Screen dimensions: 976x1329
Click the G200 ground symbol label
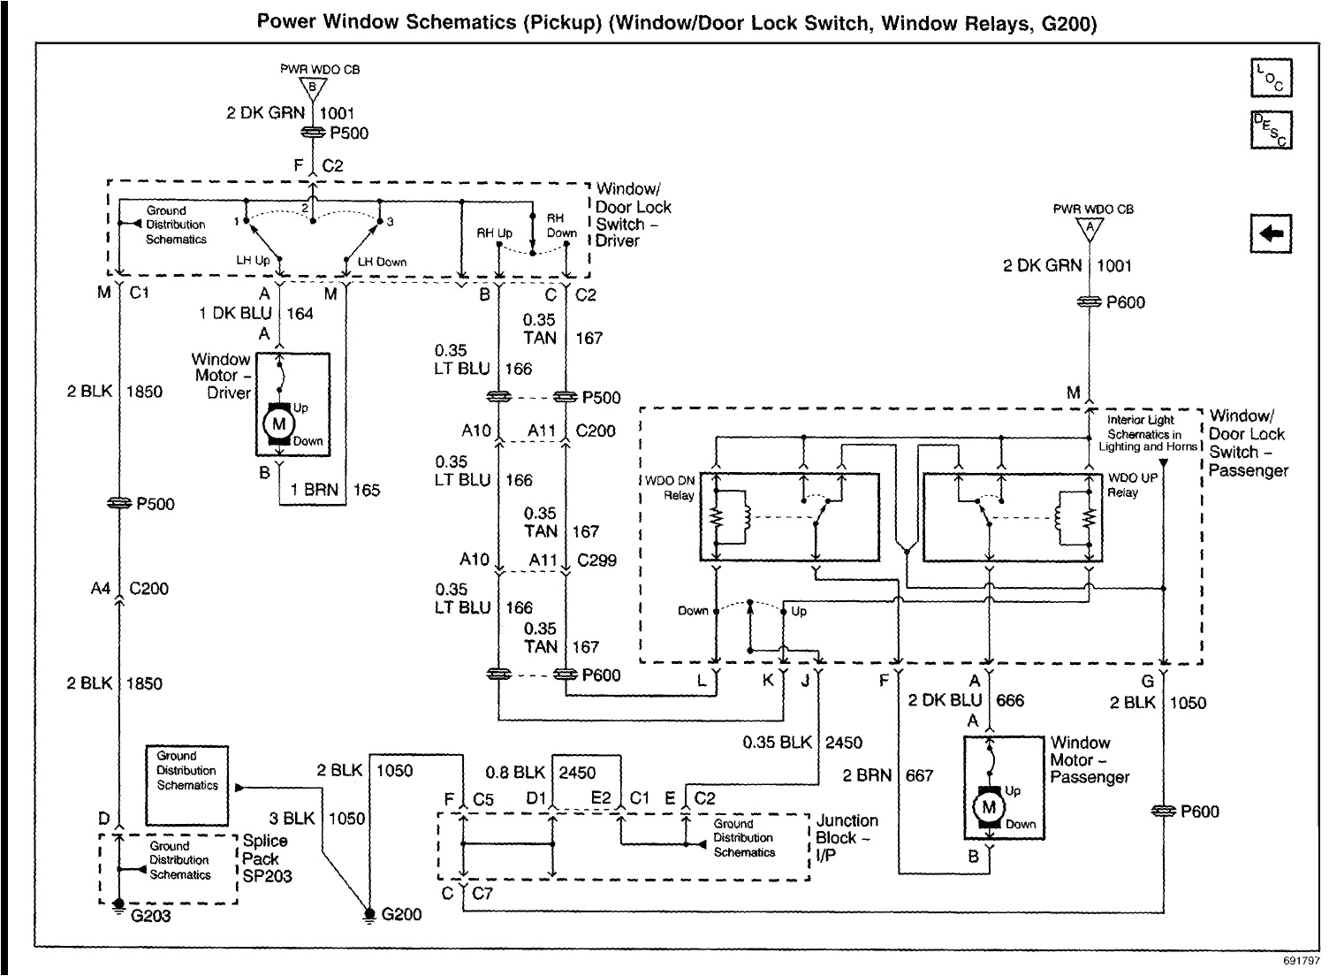401,914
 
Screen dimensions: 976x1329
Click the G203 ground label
150,916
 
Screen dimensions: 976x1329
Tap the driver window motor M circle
279,423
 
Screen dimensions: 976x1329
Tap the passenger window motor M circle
989,806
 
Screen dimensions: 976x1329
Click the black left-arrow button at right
1272,233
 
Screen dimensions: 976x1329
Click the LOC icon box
1272,78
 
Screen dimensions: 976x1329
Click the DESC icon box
1272,129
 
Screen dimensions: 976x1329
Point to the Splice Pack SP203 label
267,858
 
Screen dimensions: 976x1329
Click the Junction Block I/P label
847,837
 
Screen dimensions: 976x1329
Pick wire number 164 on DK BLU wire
300,313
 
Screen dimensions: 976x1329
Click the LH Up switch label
252,262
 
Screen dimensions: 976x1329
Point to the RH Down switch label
561,225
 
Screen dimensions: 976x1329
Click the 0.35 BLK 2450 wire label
802,743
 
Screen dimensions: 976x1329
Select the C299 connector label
596,560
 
